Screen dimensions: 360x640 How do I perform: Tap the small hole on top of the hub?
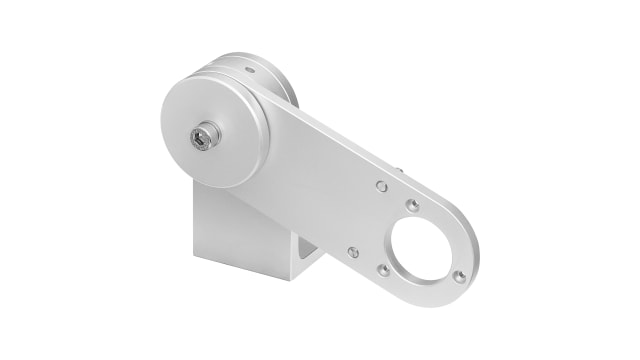pos(247,69)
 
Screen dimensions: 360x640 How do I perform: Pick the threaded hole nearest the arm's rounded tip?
pos(458,276)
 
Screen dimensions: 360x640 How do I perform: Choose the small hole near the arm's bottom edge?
pos(352,252)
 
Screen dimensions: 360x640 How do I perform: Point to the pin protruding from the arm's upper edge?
pos(401,172)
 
